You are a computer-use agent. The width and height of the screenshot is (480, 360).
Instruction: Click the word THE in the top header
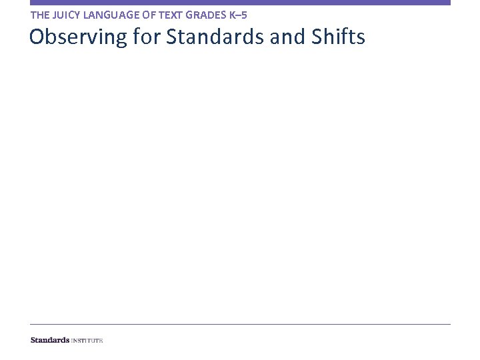(39, 14)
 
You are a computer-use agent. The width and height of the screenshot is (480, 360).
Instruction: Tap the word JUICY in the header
(65, 14)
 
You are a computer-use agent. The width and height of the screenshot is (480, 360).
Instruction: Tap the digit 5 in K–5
(244, 14)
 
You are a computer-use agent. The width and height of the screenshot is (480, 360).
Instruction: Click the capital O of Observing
(37, 37)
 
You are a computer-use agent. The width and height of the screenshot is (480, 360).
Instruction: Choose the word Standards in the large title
(215, 37)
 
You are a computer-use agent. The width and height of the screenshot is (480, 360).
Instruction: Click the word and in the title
(288, 37)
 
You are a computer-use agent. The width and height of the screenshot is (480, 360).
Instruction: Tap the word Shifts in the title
(338, 37)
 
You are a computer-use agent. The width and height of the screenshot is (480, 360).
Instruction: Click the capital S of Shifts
(317, 37)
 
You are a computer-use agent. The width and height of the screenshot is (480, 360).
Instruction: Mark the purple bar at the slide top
(240, 3)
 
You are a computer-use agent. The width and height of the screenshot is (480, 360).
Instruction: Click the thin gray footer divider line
(240, 325)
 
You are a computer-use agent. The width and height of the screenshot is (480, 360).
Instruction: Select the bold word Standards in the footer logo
(50, 340)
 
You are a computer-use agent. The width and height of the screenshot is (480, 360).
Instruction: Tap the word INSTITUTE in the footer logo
(87, 340)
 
